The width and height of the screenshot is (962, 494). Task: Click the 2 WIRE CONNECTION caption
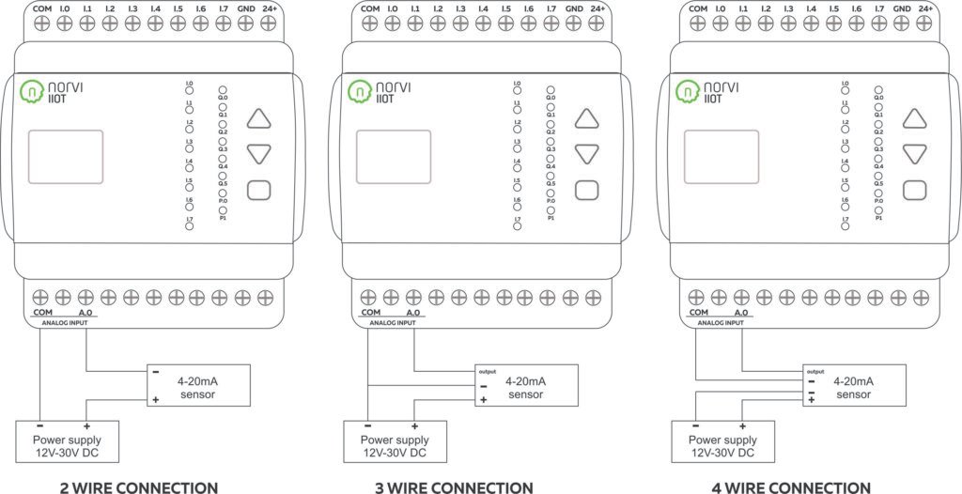click(124, 486)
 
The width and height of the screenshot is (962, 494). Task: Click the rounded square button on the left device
click(259, 190)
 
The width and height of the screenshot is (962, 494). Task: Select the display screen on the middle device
click(392, 154)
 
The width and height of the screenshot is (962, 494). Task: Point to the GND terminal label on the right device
click(901, 8)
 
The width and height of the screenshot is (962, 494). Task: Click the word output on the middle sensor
click(487, 371)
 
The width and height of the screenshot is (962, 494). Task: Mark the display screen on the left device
click(63, 154)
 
